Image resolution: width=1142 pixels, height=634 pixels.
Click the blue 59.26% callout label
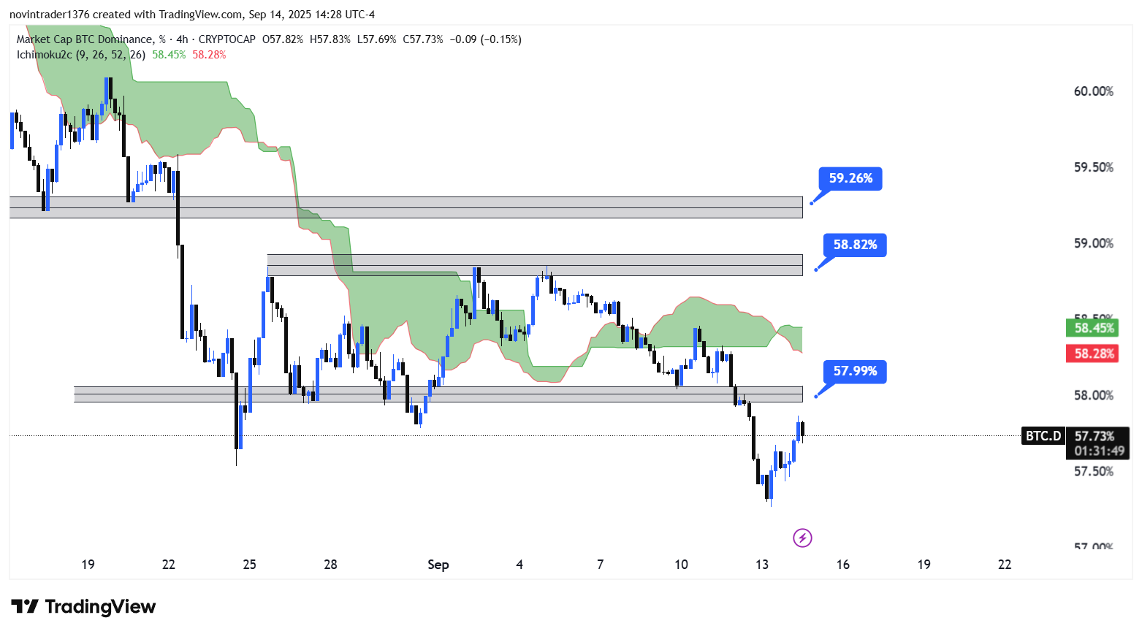coord(850,178)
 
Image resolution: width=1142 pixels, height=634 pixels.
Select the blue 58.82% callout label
coord(855,245)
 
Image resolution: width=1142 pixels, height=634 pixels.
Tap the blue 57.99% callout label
coord(855,371)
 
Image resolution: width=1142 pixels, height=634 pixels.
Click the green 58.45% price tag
coord(1094,328)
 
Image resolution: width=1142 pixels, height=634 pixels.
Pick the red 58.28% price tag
coord(1094,354)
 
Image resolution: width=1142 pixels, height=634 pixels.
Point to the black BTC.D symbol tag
coord(1043,436)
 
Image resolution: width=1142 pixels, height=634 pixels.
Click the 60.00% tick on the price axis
coord(1093,91)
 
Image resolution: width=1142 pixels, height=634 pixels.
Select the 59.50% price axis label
coord(1093,167)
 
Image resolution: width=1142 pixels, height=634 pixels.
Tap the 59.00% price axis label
coord(1093,243)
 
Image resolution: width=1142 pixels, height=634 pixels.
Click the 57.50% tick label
coord(1093,471)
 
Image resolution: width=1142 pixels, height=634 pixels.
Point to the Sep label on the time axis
coord(438,565)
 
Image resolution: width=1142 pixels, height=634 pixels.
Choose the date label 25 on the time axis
coord(250,565)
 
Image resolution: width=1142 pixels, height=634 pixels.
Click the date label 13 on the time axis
coord(762,565)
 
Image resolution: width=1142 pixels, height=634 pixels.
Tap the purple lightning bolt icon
coord(802,538)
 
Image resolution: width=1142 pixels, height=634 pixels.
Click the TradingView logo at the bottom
coord(83,607)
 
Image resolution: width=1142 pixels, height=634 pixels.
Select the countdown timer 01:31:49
coord(1099,451)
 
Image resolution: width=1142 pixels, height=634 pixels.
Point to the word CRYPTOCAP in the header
coord(227,39)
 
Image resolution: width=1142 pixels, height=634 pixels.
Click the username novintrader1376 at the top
coord(49,15)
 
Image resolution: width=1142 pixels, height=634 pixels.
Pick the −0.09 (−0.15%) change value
coord(485,39)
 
